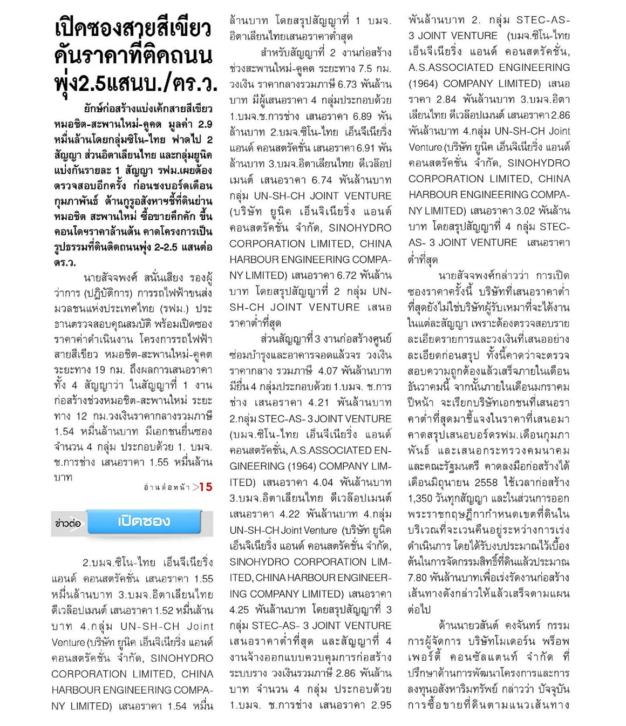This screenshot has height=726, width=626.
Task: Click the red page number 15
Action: coord(206,487)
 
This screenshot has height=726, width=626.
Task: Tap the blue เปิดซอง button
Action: coord(144,521)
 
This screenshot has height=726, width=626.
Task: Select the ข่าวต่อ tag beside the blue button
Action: coord(67,523)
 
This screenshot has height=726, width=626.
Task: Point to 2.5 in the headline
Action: coord(93,83)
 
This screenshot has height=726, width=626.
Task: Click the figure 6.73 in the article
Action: coord(348,84)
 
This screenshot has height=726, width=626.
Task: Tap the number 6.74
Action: coord(322,180)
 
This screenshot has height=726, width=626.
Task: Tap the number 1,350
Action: coord(421,498)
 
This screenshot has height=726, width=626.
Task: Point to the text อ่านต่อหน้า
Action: coord(167,487)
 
